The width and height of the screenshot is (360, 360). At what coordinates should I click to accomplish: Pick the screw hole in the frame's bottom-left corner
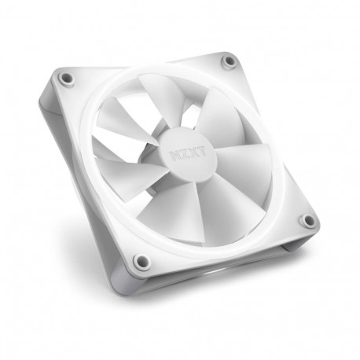click(x=141, y=261)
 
